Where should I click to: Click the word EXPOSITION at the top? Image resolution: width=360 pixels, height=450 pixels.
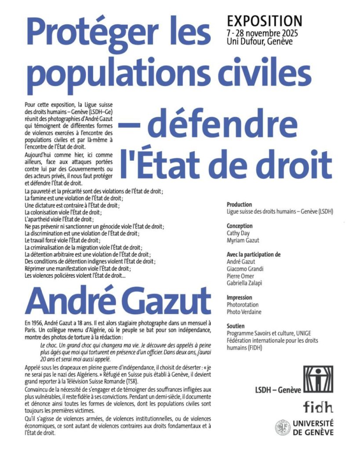tap(264, 21)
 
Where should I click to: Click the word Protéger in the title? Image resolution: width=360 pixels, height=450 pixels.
tap(105, 34)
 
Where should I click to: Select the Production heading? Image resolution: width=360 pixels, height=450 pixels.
tap(239, 204)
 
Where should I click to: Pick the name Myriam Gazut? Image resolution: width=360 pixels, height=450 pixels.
tap(243, 240)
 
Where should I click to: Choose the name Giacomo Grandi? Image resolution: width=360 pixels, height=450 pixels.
tap(245, 269)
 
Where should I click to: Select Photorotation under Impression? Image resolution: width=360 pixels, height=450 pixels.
tap(242, 304)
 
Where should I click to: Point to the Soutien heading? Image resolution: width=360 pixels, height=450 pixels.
tap(236, 326)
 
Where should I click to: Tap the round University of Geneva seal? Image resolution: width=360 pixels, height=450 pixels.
tap(283, 427)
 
